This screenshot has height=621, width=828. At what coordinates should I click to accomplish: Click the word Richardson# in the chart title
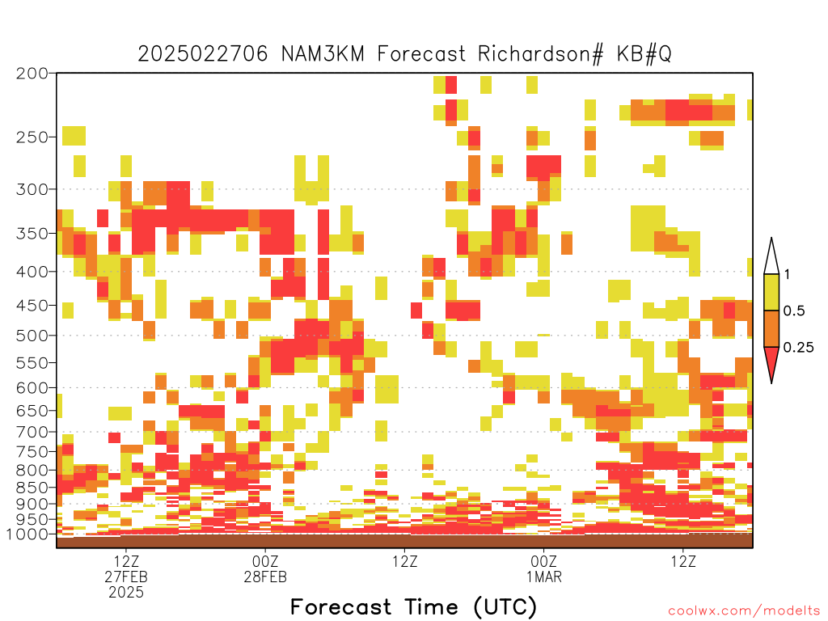point(540,54)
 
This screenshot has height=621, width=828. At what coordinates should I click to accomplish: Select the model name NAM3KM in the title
point(323,54)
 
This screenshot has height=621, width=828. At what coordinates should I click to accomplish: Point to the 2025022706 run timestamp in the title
point(203,54)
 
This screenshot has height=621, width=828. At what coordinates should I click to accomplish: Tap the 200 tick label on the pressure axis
point(32,74)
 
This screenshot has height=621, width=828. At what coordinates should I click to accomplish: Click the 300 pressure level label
point(32,189)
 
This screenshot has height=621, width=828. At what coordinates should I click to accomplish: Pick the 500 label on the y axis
point(32,336)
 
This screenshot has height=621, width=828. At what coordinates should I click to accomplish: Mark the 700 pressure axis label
point(32,432)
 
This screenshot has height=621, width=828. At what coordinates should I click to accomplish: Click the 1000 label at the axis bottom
point(27,534)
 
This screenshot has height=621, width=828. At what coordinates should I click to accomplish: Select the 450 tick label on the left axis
point(32,306)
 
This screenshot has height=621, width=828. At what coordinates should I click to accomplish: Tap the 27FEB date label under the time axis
point(126,577)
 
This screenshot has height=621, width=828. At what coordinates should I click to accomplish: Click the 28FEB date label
point(265,577)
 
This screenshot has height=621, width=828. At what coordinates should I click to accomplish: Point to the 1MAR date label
point(544,577)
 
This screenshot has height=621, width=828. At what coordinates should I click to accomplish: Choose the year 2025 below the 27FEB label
point(126,592)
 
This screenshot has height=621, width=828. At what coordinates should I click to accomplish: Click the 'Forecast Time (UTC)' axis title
point(413,607)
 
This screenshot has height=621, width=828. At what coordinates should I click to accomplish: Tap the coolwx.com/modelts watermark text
point(744,610)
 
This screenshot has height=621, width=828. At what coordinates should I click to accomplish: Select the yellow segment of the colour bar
point(771,292)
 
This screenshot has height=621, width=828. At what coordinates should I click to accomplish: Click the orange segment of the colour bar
point(771,328)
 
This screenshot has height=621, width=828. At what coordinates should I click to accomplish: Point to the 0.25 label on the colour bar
point(798,347)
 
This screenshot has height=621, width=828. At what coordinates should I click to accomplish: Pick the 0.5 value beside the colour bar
point(794,310)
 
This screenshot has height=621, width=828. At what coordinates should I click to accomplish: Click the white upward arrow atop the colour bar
point(771,258)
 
